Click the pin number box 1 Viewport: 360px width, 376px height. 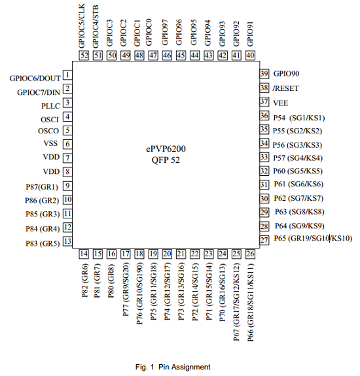[67, 75]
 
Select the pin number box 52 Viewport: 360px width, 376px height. [84, 56]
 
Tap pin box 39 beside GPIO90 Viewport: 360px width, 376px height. [264, 73]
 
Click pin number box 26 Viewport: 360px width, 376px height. [250, 254]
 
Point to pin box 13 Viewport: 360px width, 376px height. [67, 241]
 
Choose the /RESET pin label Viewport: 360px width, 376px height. [285, 88]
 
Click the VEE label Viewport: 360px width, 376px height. [281, 103]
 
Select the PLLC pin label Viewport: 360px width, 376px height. [50, 106]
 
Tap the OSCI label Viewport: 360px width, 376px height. [50, 120]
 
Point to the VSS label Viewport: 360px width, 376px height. [50, 143]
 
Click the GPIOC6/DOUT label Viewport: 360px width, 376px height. [35, 78]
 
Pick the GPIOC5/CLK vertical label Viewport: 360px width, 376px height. [82, 26]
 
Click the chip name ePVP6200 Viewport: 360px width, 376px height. [166, 148]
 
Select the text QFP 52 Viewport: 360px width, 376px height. [166, 160]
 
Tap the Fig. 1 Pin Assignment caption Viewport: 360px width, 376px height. [173, 367]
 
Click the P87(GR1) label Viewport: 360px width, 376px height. [42, 187]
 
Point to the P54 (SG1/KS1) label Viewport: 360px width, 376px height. [299, 118]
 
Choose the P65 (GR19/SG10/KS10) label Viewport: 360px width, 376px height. [313, 239]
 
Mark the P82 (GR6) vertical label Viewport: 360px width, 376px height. [85, 281]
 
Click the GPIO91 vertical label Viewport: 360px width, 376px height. [250, 34]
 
